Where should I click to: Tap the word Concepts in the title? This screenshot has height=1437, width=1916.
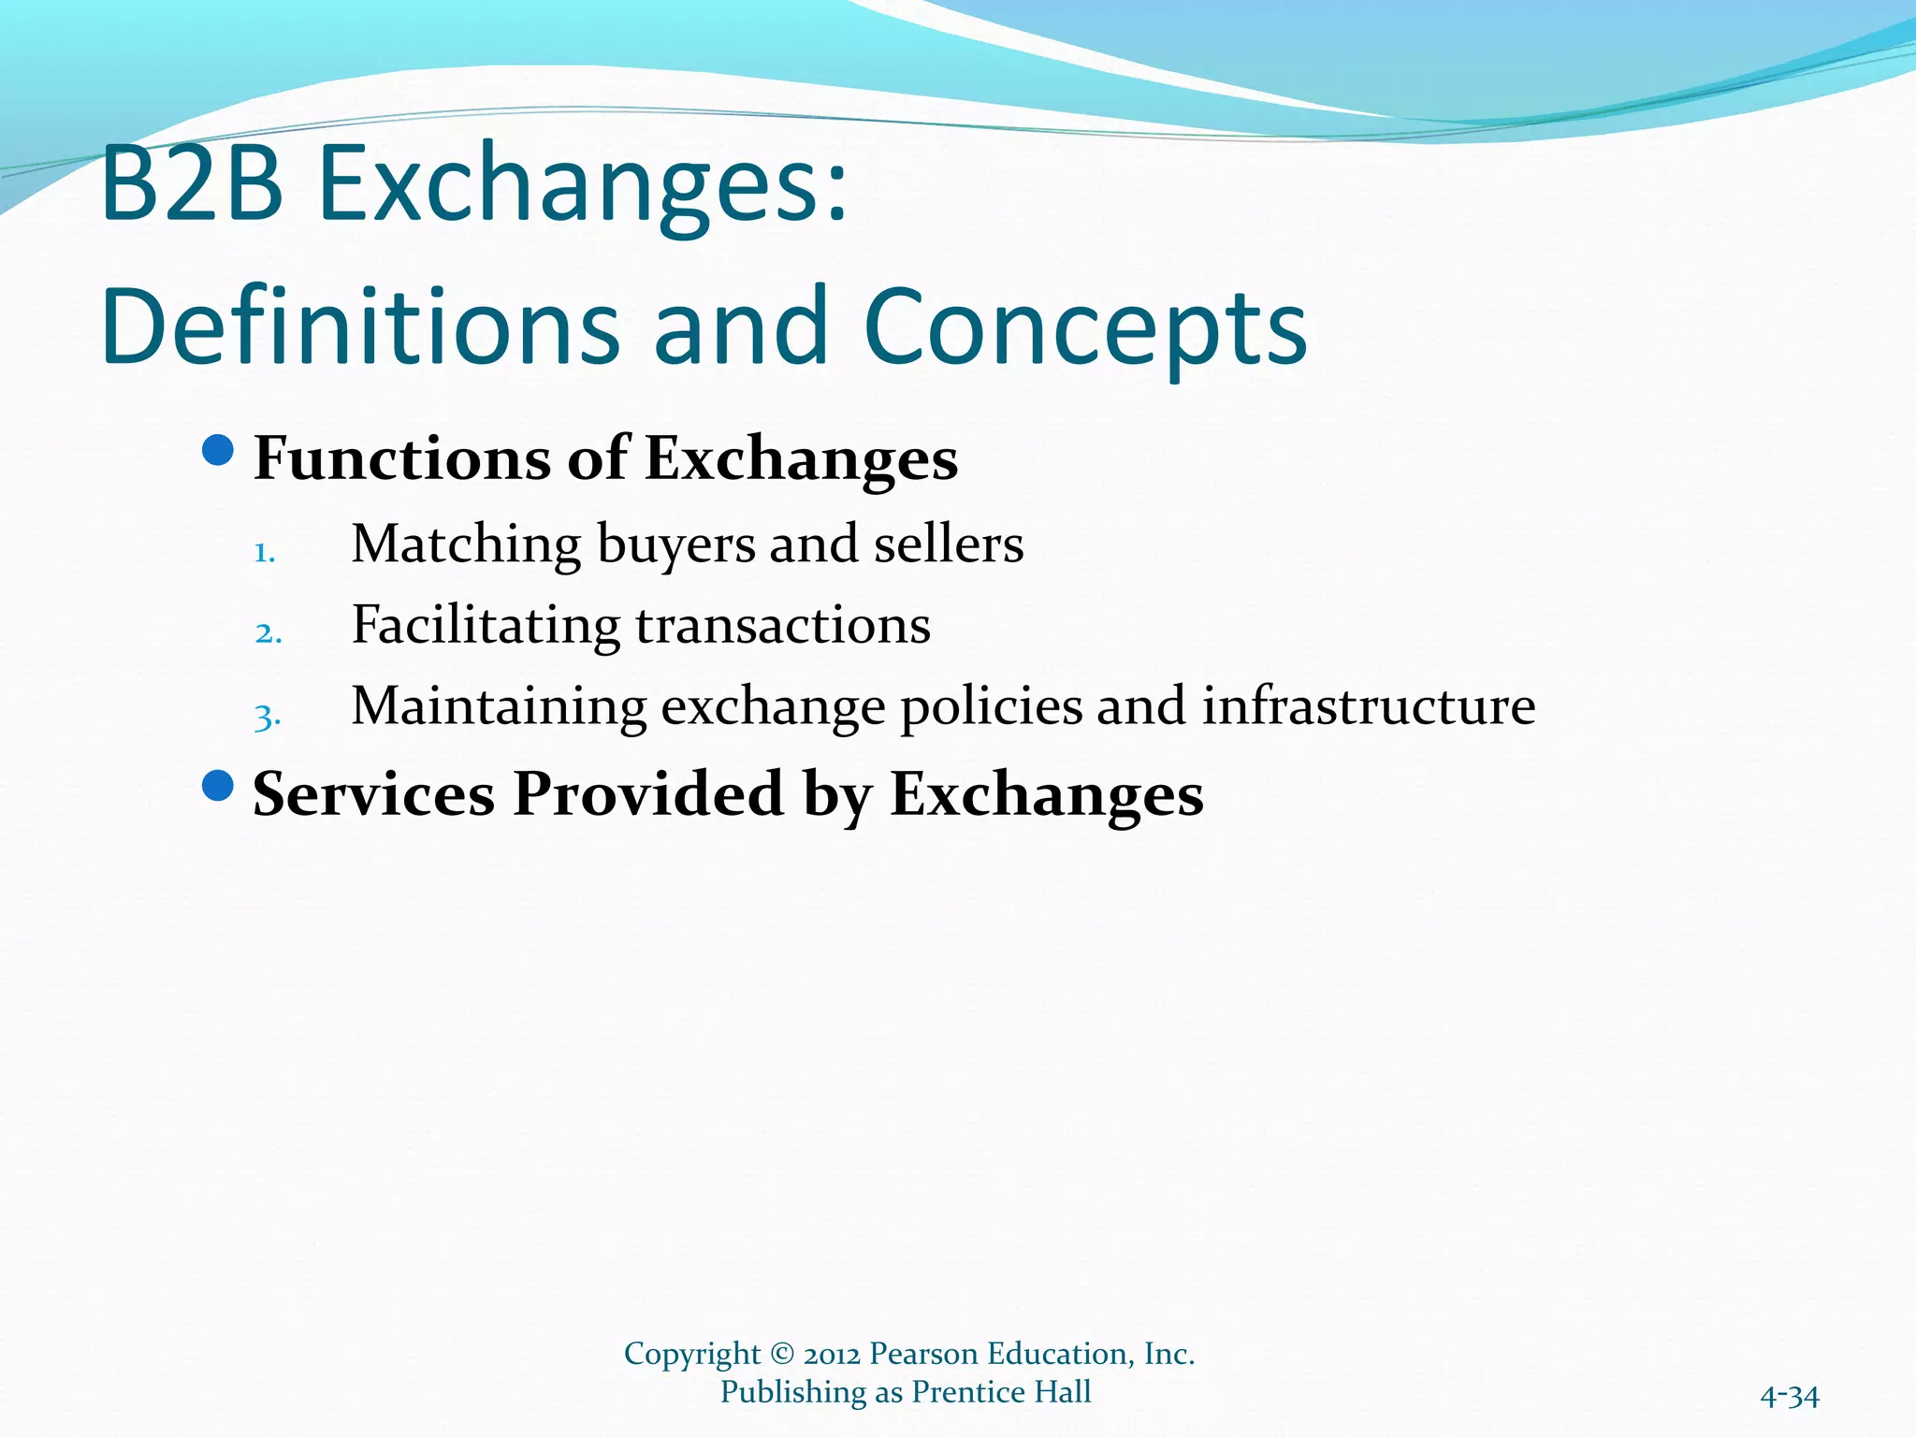point(1085,327)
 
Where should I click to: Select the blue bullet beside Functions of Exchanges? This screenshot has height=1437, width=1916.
point(217,451)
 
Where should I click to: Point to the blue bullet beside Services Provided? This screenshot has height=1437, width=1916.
point(217,786)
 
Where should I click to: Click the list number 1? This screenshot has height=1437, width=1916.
point(265,553)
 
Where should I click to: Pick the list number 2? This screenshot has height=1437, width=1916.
point(268,633)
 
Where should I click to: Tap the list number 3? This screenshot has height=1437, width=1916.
point(268,717)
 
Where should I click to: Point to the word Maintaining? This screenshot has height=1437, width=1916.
point(499,706)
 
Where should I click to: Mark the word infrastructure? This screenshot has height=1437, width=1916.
point(1368,706)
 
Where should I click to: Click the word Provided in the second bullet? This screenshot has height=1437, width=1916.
point(647,794)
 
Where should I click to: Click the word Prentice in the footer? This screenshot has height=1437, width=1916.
point(969,1392)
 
